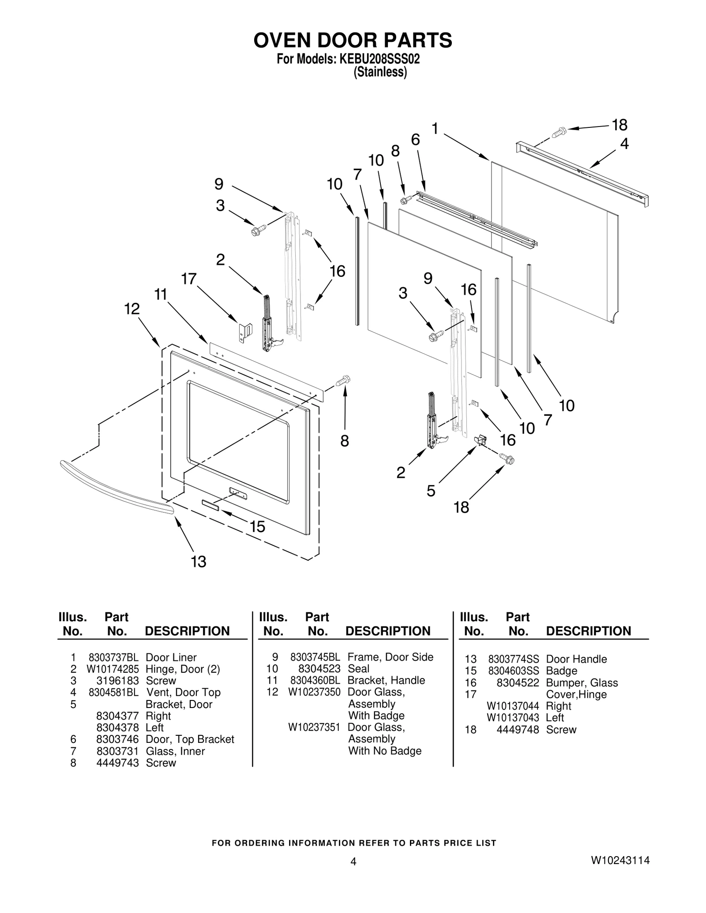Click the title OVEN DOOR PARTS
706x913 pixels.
coord(353,40)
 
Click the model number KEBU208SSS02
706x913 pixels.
coord(379,59)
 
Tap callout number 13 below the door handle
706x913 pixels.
coord(199,562)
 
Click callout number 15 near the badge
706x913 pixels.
coord(257,526)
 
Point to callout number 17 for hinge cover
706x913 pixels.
coord(188,279)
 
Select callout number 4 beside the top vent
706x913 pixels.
coord(624,144)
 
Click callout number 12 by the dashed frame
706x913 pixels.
coord(132,309)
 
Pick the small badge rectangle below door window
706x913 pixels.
coord(210,505)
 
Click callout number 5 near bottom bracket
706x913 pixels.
coord(431,491)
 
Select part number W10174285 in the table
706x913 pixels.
coord(113,669)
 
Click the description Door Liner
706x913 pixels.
coord(171,657)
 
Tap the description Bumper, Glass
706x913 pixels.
coord(582,683)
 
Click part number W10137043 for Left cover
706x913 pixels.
coord(513,717)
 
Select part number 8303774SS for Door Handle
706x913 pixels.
coord(513,659)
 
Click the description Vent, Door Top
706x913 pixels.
coord(183,692)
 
